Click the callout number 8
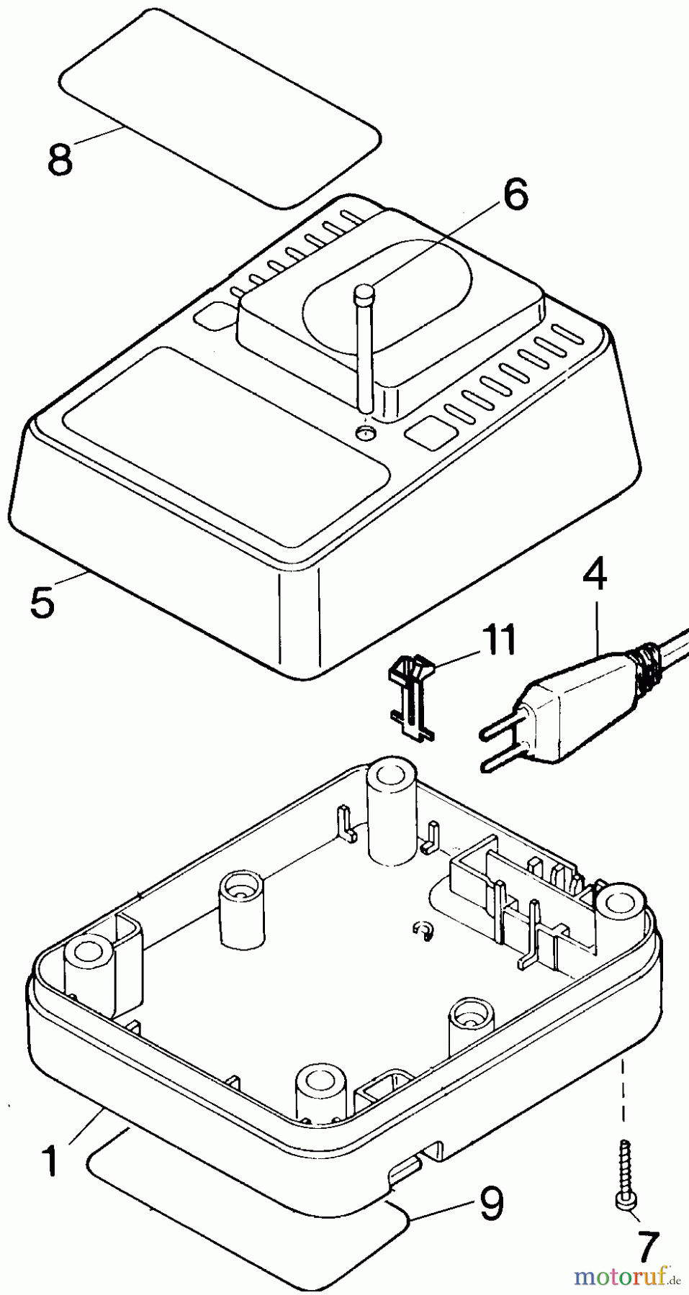(60, 159)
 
